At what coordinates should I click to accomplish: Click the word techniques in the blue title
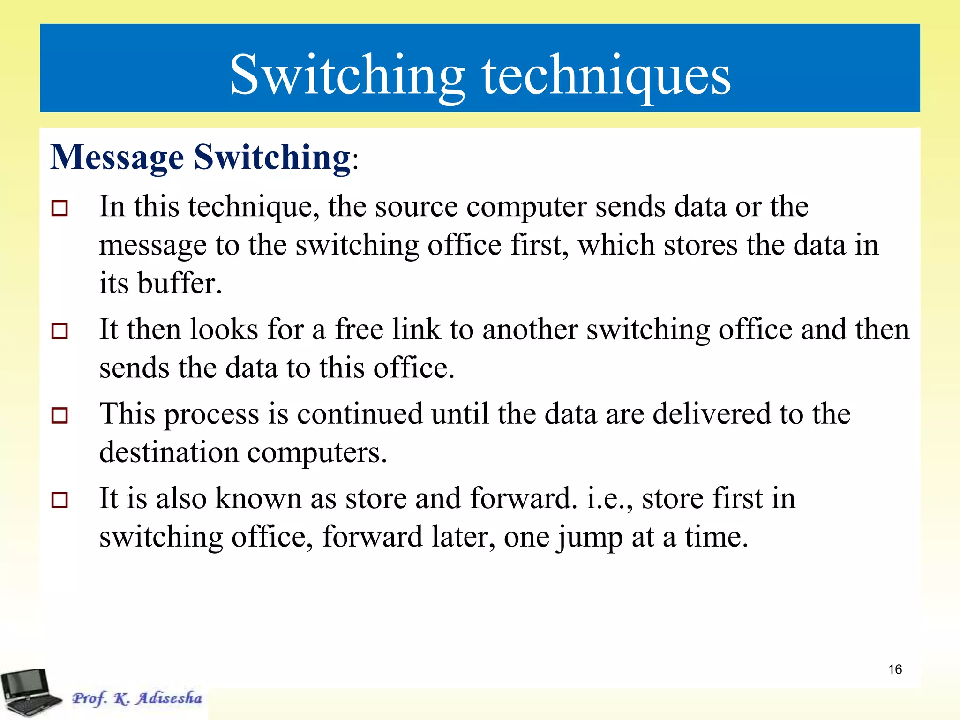coord(607,75)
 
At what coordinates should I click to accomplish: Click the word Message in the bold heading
coord(117,157)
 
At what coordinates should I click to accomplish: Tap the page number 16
coord(895,669)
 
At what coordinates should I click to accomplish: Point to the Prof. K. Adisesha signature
coord(137,698)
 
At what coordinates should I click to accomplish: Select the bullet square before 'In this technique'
coord(60,208)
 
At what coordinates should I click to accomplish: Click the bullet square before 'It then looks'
coord(60,331)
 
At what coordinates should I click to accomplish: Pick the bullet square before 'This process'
coord(60,415)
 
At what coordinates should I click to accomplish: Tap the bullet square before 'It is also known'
coord(60,500)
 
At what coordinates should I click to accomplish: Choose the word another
coord(530,329)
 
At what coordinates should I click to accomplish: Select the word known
coord(258,498)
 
